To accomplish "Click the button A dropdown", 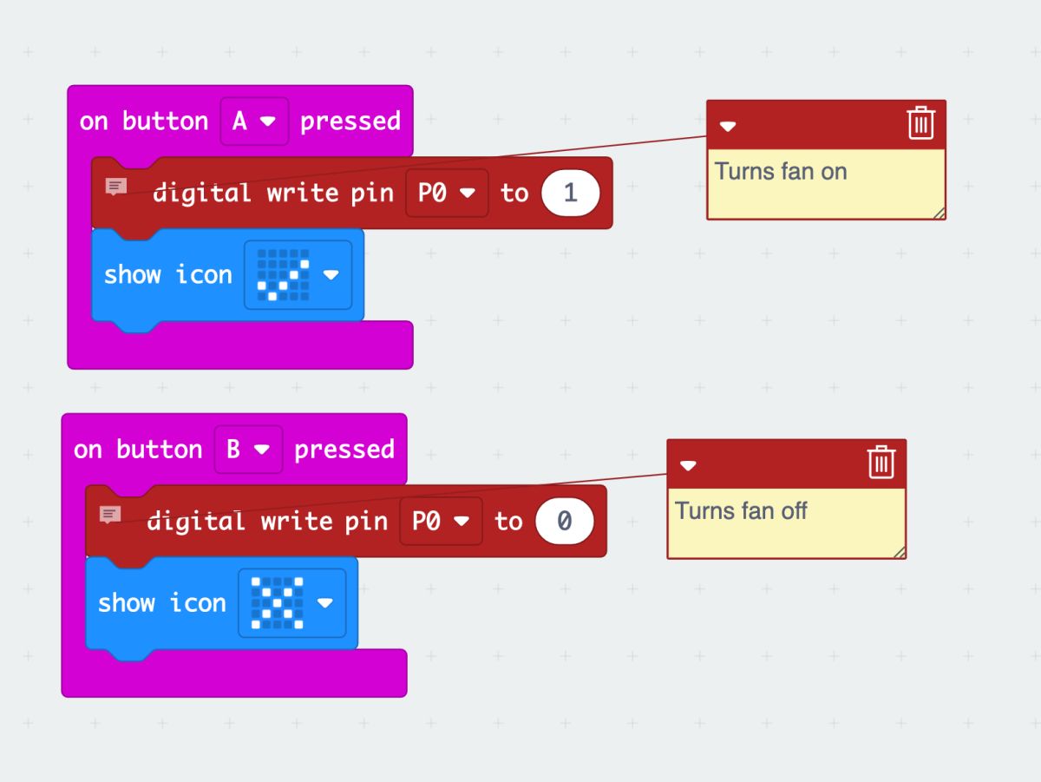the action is (254, 121).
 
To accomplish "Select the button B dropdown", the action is (248, 449).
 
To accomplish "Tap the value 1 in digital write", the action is (570, 193).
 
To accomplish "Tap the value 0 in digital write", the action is (564, 521).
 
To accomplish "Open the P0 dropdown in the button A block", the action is (447, 193).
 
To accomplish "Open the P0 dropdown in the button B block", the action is (441, 521).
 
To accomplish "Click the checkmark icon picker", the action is (298, 275).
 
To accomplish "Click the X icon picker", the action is (291, 603).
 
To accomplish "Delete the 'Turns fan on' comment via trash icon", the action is (920, 123).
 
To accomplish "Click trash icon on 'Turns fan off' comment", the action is (881, 462).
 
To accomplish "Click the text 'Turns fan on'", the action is (781, 172).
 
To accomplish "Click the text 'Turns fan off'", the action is (741, 510).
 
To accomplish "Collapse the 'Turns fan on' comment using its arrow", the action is (728, 126).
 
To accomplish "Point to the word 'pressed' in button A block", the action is (350, 121).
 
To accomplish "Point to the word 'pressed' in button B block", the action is (344, 449).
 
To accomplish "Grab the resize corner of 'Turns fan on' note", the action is (940, 213).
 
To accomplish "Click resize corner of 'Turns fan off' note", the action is (900, 552).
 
